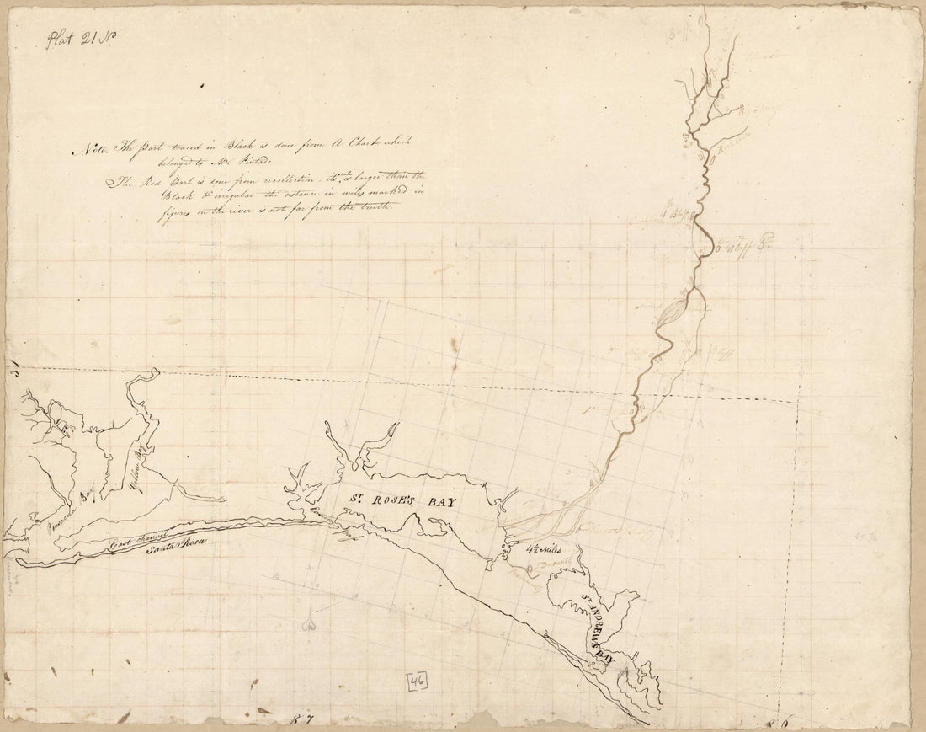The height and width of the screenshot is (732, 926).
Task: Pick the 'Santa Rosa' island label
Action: point(175,550)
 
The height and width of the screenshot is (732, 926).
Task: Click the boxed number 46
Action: point(417,682)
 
